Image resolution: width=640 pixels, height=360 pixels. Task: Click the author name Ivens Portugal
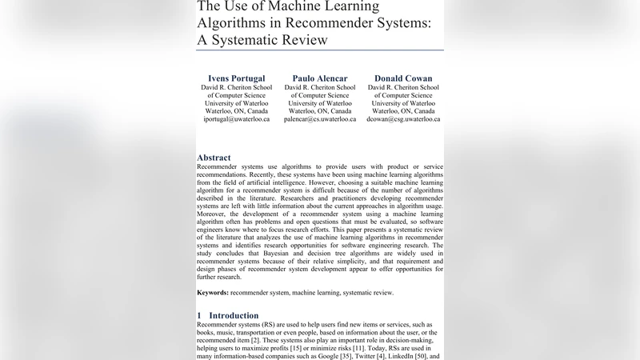point(236,78)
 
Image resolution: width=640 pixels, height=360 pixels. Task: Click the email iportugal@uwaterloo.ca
point(236,119)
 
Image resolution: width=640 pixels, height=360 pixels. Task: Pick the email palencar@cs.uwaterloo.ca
point(320,119)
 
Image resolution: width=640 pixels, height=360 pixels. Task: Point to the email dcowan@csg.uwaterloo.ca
point(403,119)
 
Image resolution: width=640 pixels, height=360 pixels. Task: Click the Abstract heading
point(214,158)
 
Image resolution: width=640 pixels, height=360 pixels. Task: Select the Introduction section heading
point(233,315)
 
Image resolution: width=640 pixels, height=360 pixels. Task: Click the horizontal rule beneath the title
point(320,50)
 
